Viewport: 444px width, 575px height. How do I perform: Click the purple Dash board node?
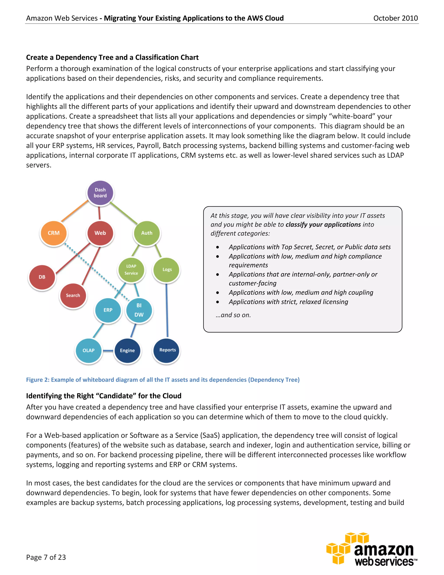point(100,193)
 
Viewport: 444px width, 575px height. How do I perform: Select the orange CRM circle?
point(54,233)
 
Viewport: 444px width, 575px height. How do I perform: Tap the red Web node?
point(100,233)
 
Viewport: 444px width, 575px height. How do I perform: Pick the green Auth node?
point(147,233)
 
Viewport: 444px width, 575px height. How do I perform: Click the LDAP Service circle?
point(131,269)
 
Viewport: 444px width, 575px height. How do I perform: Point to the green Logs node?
point(167,269)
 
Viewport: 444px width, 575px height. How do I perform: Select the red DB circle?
point(42,277)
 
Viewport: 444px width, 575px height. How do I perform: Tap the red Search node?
point(73,295)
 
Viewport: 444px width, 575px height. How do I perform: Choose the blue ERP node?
point(108,310)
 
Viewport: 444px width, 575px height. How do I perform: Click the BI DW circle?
point(139,310)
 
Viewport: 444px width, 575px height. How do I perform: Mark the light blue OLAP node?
point(88,350)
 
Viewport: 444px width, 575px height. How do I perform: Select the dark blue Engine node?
point(127,350)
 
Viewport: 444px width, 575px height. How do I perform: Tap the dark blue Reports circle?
point(167,350)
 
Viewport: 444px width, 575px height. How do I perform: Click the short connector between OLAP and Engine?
point(108,351)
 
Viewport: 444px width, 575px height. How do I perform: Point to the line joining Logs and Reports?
point(167,311)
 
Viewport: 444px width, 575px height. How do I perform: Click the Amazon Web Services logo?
point(372,549)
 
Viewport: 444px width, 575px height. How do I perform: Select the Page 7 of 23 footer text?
point(46,557)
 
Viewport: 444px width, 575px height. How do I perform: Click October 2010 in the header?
point(395,18)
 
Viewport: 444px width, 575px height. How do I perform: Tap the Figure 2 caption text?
point(163,380)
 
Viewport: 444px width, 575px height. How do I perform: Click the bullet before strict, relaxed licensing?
point(217,302)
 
